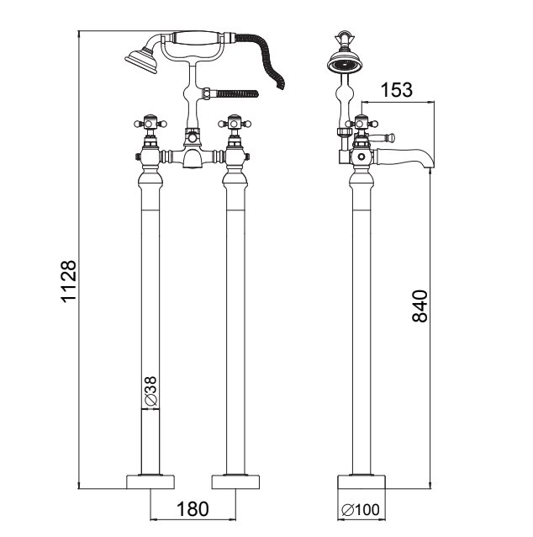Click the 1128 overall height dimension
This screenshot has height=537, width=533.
(68, 281)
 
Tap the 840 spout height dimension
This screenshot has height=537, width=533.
(420, 306)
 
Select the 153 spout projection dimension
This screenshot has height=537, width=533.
(397, 90)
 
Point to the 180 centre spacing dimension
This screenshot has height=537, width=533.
(193, 509)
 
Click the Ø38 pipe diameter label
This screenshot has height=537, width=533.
(150, 391)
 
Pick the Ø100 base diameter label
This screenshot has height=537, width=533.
(361, 510)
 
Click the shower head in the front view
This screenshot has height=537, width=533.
(141, 61)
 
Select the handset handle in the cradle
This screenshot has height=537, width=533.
(195, 37)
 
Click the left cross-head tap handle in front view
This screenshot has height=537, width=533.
(150, 123)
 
